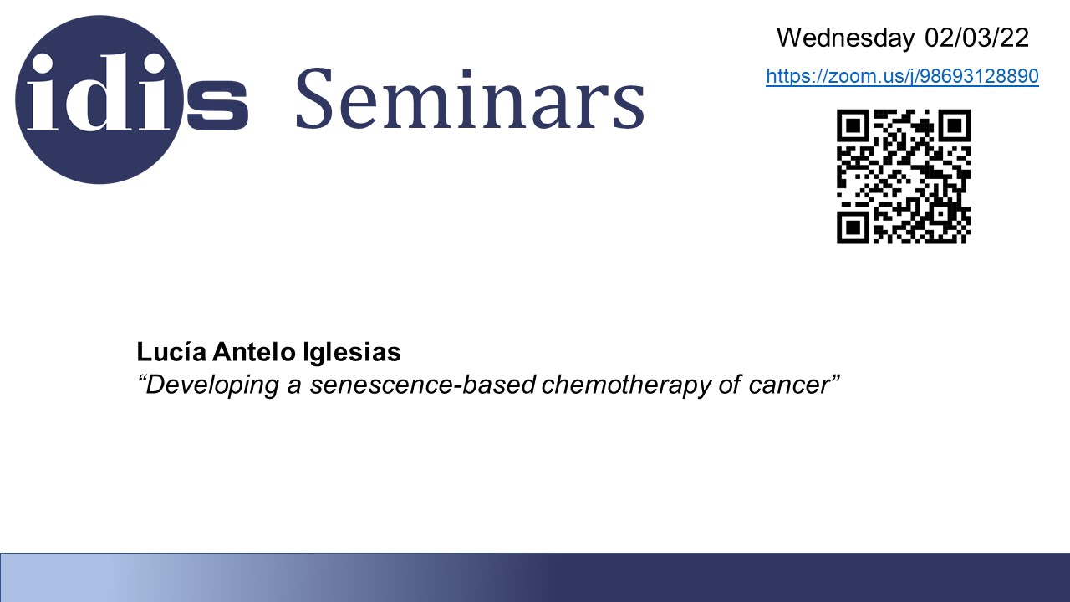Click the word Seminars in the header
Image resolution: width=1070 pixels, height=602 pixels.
[471, 99]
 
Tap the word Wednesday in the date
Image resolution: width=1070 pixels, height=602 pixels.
[845, 38]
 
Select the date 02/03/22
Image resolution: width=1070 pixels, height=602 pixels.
[976, 38]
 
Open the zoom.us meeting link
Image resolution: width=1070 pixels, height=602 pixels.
[902, 76]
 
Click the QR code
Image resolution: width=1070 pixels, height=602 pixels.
[904, 176]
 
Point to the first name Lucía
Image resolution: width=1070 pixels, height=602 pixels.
[171, 352]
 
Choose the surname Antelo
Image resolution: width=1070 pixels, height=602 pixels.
[254, 352]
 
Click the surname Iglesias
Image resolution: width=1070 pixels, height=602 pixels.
[352, 352]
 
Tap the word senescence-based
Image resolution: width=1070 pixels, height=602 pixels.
[423, 385]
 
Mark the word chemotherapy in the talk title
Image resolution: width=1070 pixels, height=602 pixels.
[627, 385]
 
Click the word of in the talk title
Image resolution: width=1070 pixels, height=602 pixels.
[730, 385]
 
